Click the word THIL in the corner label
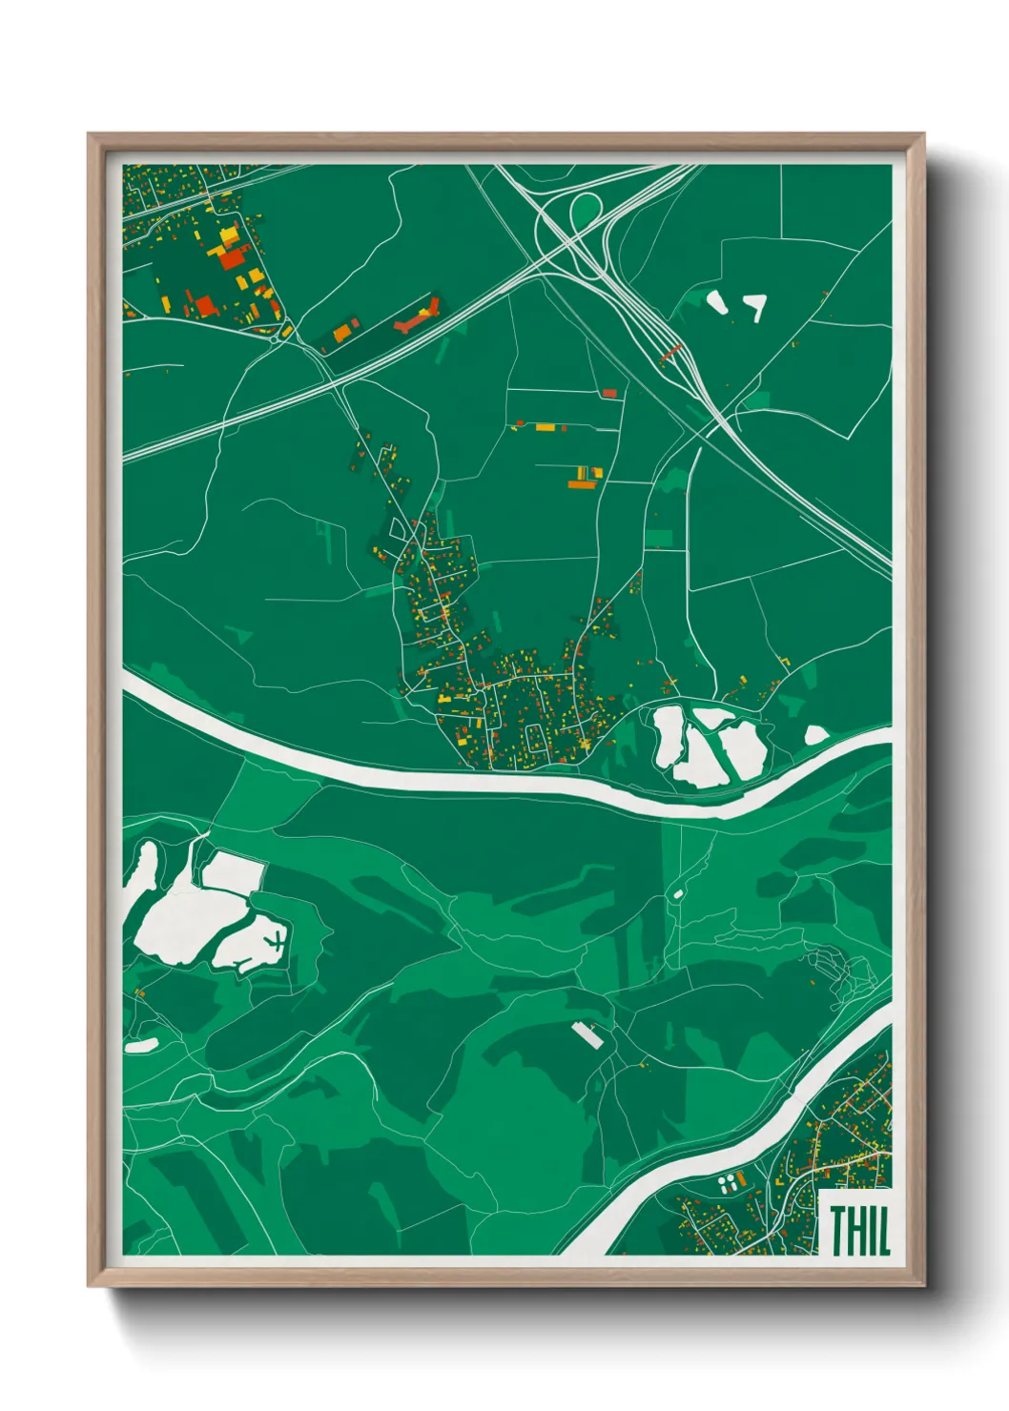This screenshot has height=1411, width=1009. (859, 1230)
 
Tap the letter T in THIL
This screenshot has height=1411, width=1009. (838, 1230)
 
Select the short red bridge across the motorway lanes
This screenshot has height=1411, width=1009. (671, 352)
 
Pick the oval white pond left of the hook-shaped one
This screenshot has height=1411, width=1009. (716, 302)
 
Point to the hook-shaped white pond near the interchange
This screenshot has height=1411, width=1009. (758, 305)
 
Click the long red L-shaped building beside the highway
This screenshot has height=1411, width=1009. (417, 317)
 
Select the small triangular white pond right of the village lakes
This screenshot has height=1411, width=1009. (816, 735)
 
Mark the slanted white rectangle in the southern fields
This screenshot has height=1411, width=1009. (586, 1034)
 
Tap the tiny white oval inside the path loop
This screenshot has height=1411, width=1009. (678, 893)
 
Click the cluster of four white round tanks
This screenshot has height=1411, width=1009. (728, 1184)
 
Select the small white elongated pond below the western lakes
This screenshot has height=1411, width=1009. (140, 1045)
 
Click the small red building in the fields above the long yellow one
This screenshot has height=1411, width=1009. (609, 393)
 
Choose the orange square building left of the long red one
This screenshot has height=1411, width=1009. (341, 333)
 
